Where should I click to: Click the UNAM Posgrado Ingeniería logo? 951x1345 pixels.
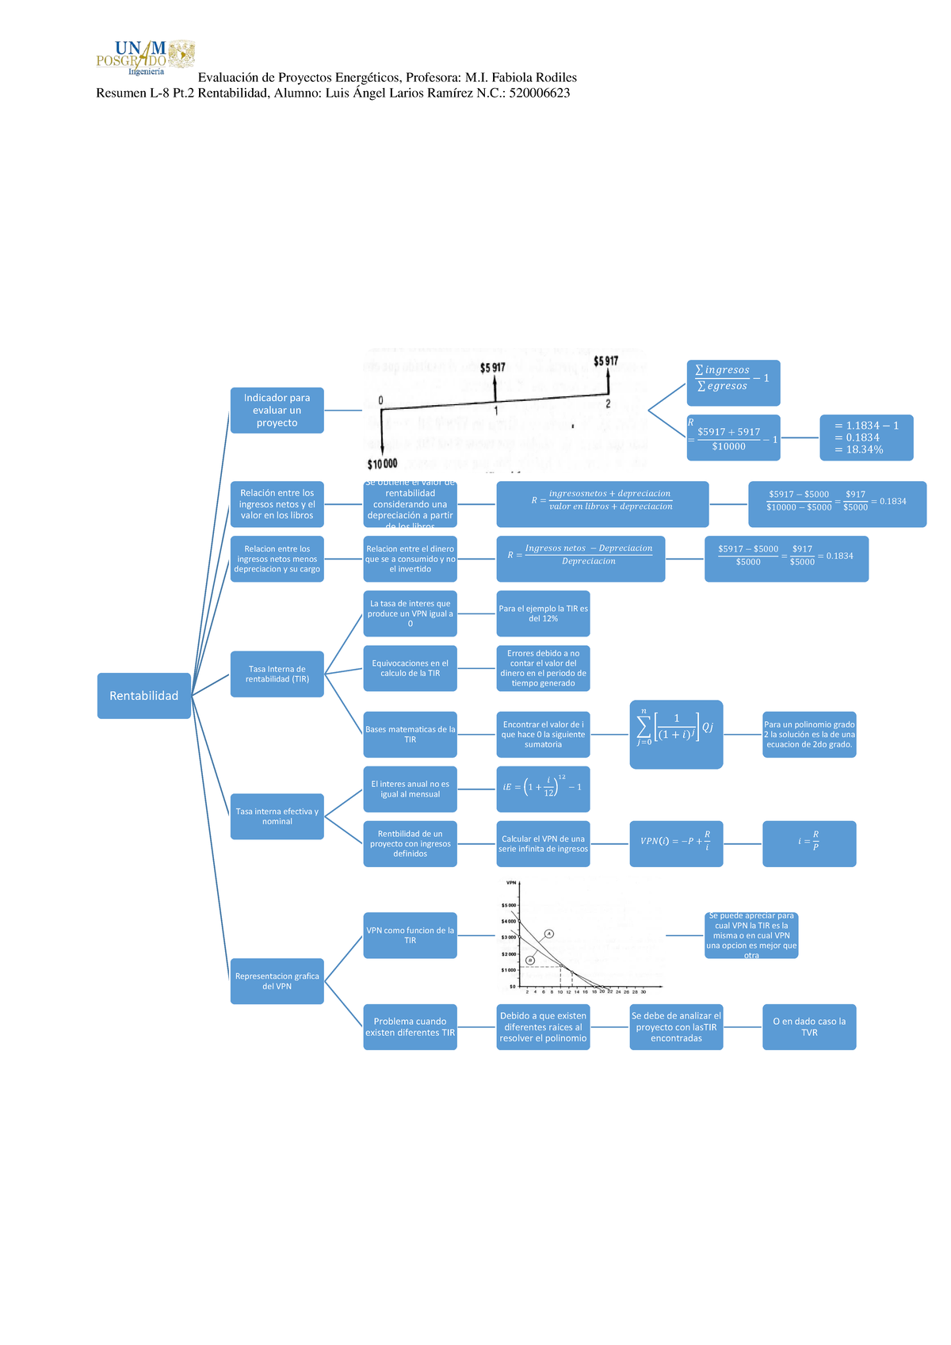(145, 57)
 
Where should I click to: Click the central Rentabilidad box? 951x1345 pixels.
(143, 696)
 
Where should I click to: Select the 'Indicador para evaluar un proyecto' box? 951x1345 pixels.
(277, 411)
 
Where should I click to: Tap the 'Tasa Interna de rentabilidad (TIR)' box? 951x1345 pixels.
(277, 674)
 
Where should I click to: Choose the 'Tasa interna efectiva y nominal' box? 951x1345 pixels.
(277, 816)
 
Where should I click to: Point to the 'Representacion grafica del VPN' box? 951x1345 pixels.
(277, 981)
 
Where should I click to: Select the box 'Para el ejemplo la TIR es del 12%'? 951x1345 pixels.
(543, 613)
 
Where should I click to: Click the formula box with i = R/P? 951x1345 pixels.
(809, 843)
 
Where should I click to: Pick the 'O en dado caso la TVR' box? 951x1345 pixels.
(809, 1027)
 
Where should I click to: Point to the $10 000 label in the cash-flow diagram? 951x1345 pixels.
(382, 464)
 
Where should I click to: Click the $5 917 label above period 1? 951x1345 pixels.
(493, 368)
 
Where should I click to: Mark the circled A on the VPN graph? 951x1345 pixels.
(548, 934)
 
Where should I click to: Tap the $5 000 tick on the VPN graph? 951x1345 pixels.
(508, 905)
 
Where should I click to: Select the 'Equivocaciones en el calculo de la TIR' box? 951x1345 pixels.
(410, 668)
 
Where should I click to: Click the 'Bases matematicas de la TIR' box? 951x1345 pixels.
(410, 735)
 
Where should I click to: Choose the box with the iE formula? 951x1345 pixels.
(543, 789)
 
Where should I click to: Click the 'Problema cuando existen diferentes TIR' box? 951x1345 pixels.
(410, 1027)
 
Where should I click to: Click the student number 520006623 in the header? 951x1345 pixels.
(539, 94)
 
